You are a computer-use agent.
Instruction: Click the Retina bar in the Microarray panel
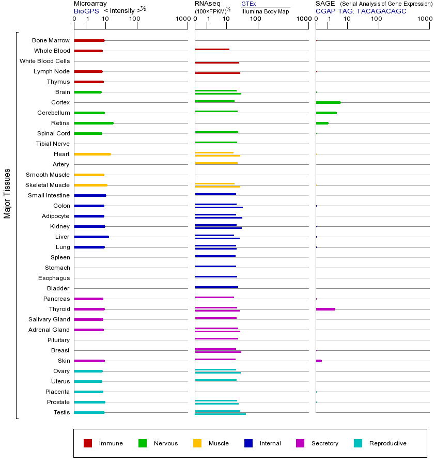pos(94,123)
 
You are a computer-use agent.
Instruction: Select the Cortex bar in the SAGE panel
pos(328,102)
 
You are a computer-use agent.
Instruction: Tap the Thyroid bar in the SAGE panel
pos(325,309)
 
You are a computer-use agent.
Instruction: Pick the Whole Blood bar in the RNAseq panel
pos(212,50)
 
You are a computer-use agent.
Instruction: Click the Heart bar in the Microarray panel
pos(92,154)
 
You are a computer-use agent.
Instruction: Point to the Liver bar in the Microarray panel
pos(91,237)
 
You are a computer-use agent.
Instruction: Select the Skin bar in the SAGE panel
pos(319,361)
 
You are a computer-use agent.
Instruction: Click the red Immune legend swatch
pos(88,443)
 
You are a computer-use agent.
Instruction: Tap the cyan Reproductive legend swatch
pos(358,443)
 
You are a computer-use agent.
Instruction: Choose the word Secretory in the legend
pos(324,443)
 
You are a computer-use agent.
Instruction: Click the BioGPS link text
pos(86,11)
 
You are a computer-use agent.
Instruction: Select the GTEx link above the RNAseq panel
pos(248,4)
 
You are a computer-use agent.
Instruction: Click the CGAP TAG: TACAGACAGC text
pos(361,11)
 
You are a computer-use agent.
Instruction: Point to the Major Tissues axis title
pos(7,193)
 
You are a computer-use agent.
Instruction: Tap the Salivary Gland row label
pos(49,319)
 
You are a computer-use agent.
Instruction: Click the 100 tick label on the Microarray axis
pos(134,20)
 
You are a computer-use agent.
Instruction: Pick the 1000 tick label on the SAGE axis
pos(425,20)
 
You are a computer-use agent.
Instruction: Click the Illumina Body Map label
pos(265,11)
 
